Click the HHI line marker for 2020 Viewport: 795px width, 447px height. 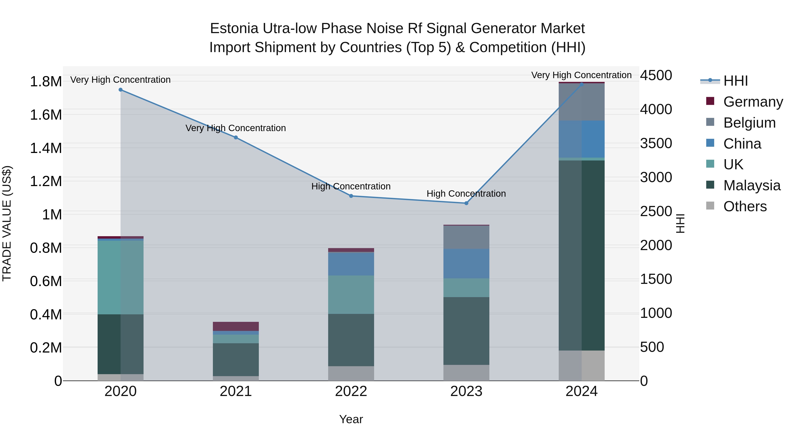click(120, 90)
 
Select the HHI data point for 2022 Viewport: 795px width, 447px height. click(351, 196)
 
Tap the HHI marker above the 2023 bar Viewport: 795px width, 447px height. click(466, 203)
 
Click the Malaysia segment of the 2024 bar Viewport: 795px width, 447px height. click(581, 255)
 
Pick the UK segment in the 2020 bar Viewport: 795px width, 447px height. click(120, 277)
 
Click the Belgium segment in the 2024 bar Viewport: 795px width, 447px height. click(581, 102)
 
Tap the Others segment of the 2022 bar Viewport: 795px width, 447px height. click(351, 373)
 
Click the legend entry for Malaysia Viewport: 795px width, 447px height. click(751, 185)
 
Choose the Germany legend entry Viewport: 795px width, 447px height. click(753, 102)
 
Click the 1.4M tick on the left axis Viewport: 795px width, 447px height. click(46, 148)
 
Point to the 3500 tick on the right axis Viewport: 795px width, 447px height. click(656, 143)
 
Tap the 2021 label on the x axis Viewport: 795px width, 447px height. click(236, 391)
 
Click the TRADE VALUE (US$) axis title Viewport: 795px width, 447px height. click(7, 223)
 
